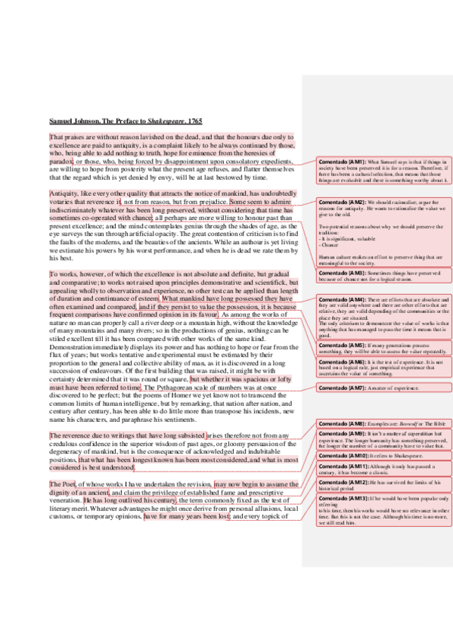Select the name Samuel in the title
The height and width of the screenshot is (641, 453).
coord(63,121)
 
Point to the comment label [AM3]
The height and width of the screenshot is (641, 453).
coord(354,271)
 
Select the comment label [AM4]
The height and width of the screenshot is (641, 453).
coord(354,300)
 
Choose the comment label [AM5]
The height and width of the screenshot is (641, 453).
coord(354,345)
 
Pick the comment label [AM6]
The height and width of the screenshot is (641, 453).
coord(354,362)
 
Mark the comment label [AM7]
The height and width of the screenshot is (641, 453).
coord(354,387)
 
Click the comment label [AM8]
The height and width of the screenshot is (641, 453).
coord(354,425)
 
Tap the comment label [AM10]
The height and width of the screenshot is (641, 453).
coord(355,456)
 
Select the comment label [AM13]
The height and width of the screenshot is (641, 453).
coord(355,500)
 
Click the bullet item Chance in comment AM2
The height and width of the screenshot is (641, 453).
coord(331,245)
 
